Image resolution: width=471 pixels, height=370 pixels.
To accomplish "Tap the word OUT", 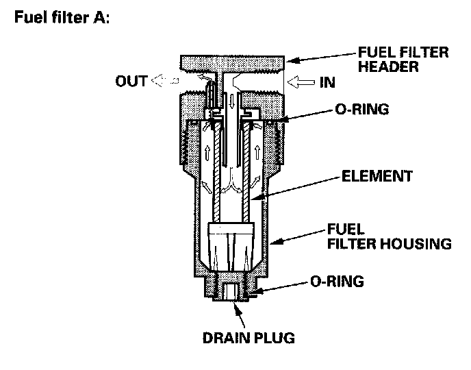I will [130, 82].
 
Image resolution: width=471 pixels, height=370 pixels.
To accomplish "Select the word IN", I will [327, 82].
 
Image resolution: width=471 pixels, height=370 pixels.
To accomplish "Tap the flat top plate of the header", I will [232, 62].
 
